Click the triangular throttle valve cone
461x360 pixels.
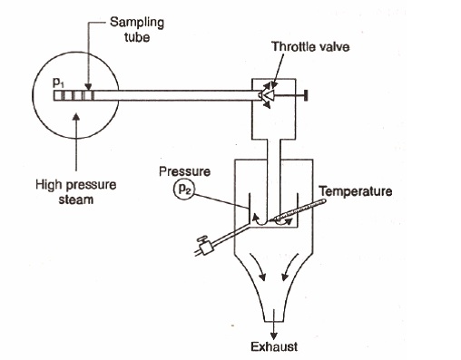pos(266,93)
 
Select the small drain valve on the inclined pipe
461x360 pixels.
pos(203,243)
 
